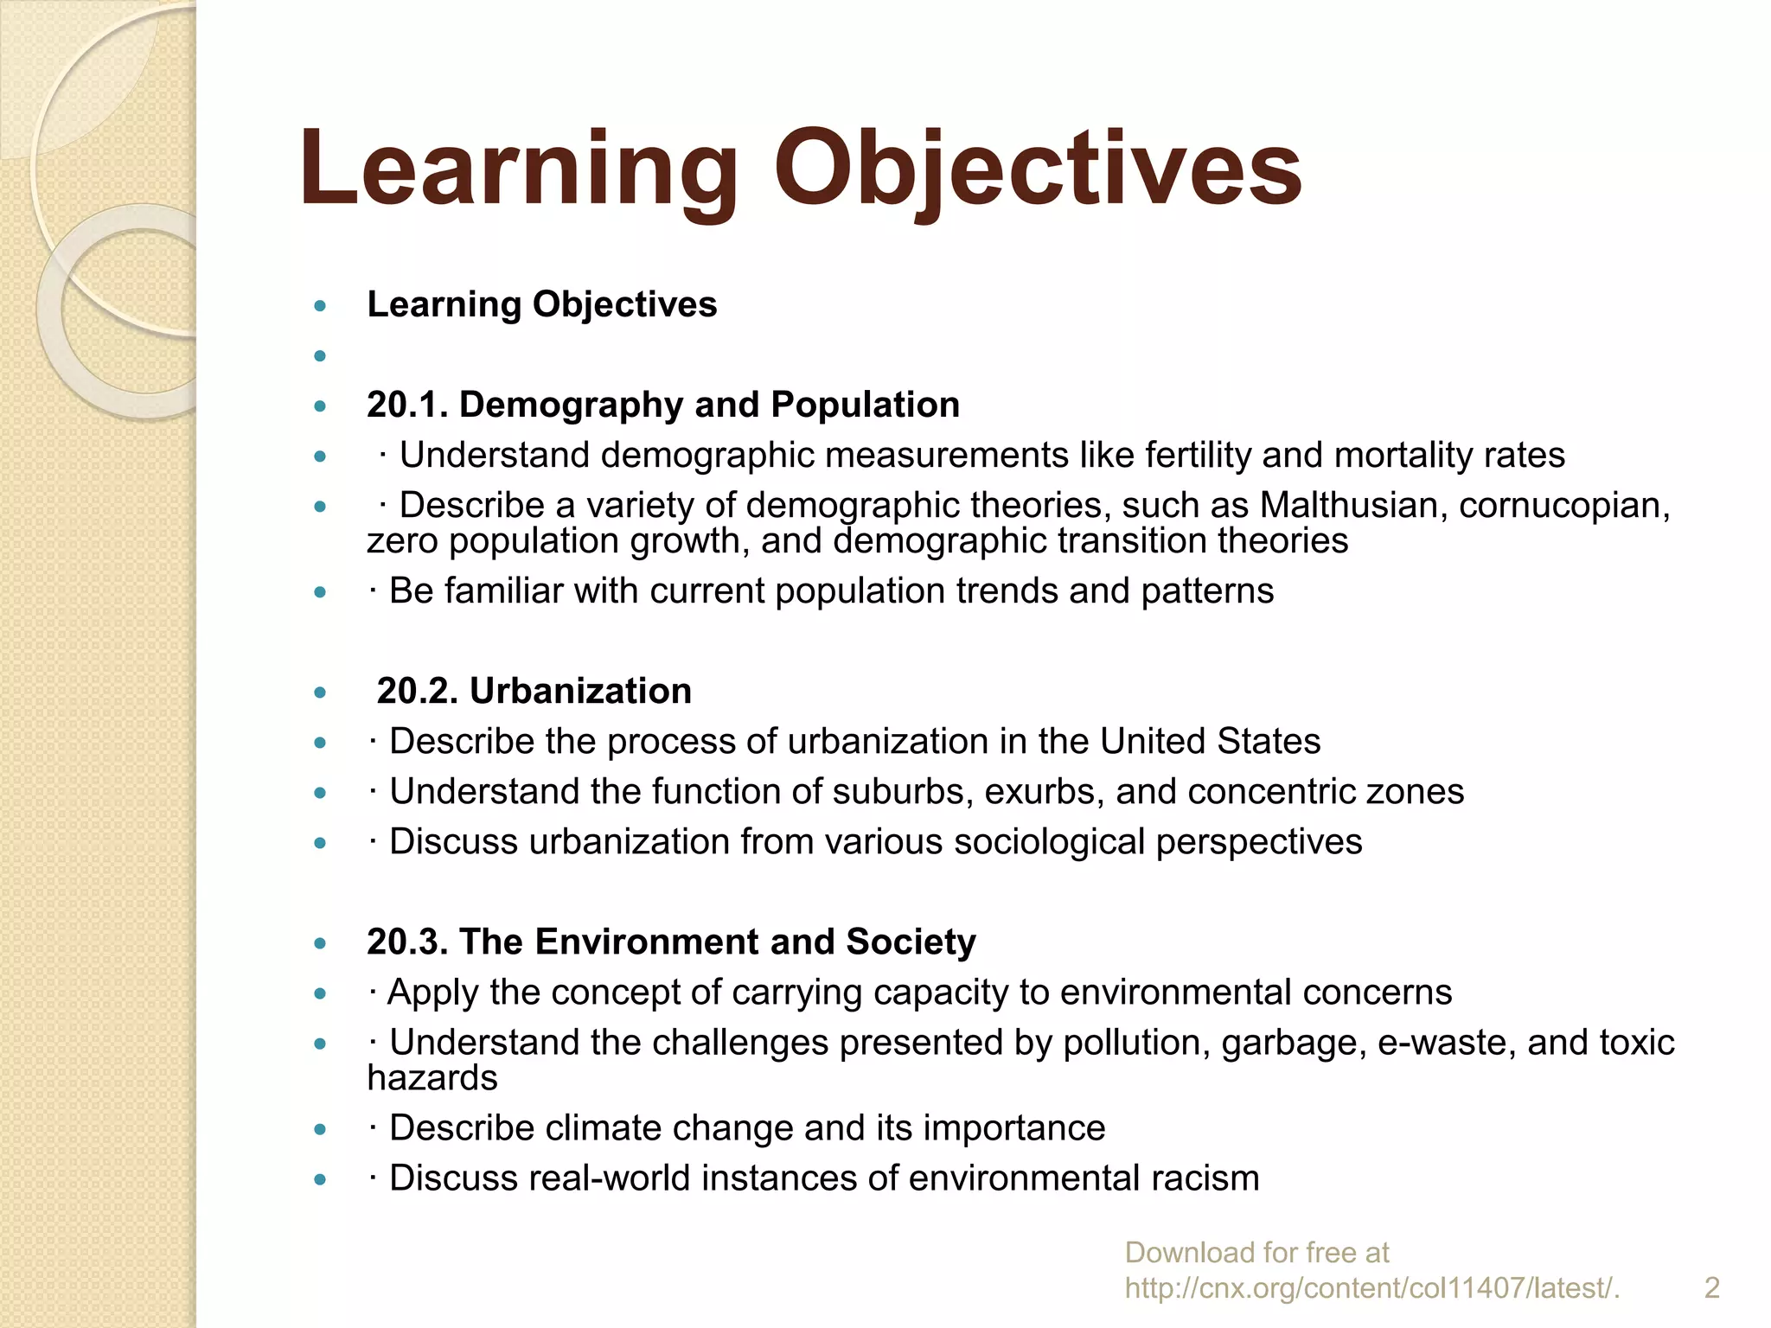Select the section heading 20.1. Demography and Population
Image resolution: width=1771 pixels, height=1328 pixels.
[x=663, y=405]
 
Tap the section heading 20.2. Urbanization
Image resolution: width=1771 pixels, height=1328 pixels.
[x=534, y=691]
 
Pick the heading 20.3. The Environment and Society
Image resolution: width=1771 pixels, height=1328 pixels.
[x=671, y=942]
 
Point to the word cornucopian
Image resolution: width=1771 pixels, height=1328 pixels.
[x=1564, y=505]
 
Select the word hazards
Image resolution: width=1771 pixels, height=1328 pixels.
[x=432, y=1078]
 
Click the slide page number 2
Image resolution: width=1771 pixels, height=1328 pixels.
[x=1711, y=1288]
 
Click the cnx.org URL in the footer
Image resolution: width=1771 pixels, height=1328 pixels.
[x=1372, y=1288]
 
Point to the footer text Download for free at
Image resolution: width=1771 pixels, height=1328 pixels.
[x=1256, y=1252]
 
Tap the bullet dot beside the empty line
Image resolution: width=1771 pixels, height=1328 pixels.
[x=320, y=355]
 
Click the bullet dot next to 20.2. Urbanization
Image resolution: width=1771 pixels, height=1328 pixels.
[x=320, y=692]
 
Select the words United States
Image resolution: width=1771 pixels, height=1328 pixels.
[x=1210, y=741]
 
